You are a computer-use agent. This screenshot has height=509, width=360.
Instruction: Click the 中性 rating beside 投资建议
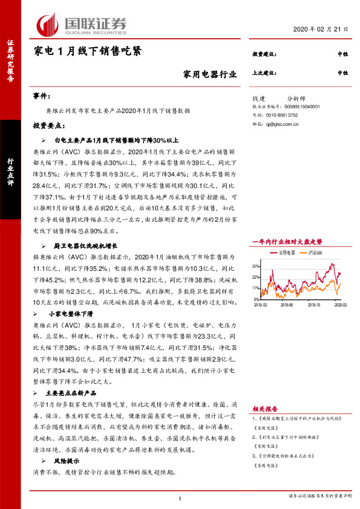pyautogui.click(x=342, y=54)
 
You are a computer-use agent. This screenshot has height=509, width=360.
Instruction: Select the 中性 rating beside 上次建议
pyautogui.click(x=342, y=73)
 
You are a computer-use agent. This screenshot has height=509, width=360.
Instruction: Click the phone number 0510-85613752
pyautogui.click(x=283, y=114)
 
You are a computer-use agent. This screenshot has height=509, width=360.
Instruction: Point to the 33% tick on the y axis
pyautogui.click(x=255, y=265)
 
